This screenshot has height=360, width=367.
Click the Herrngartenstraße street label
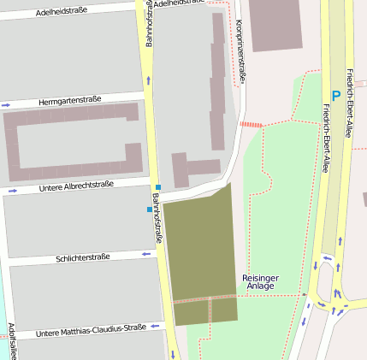click(x=70, y=100)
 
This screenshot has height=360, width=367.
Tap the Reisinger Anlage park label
click(x=260, y=282)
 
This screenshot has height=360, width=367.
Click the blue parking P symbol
click(x=336, y=96)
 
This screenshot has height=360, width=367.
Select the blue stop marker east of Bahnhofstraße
click(x=158, y=187)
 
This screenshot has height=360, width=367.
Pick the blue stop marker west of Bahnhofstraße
click(x=149, y=209)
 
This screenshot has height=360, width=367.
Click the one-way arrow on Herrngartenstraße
click(x=7, y=105)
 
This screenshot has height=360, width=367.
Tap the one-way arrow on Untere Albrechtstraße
click(x=12, y=191)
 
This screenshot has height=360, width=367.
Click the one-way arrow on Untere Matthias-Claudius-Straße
click(x=156, y=326)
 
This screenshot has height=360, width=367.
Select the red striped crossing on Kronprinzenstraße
click(x=251, y=125)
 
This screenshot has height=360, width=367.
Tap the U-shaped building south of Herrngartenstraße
click(x=72, y=142)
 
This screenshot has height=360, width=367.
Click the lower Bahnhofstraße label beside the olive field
click(x=158, y=219)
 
